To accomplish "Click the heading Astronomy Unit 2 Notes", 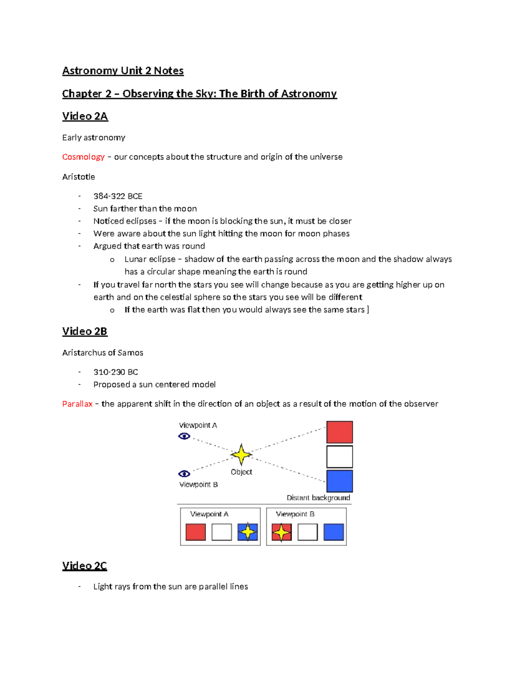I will coord(123,71).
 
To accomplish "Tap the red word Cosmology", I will coord(83,157).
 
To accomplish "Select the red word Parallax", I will coord(77,404).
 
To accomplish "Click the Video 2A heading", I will coord(85,116).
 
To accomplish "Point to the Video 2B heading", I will coord(84,331).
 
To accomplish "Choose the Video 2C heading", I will coord(84,566).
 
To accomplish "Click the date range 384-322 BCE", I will coord(117,196).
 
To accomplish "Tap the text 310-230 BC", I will coord(115,372).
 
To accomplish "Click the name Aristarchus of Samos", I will coord(102,352).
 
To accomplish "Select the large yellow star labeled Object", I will coord(241,455).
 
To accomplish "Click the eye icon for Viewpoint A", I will coord(184,436).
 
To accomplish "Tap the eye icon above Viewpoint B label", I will coord(184,474).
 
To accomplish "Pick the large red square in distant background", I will coord(339,432).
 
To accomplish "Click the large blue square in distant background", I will coord(339,481).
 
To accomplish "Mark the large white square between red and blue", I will coord(339,456).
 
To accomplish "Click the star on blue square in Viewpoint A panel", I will coord(248,532).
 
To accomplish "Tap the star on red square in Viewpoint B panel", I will coord(281,532).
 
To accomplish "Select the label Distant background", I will coord(318,498).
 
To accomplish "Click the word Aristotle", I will coord(79,177).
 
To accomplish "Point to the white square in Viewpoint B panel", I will coord(307,532).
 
